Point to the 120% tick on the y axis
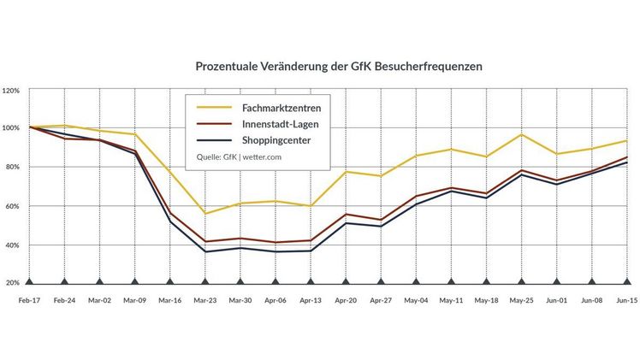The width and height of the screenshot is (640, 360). tap(12, 90)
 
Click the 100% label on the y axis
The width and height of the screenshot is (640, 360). tap(12, 128)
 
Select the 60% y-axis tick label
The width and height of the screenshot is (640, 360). tap(12, 206)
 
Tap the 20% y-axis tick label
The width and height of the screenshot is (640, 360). tap(12, 283)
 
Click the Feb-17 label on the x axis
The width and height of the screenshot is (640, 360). tap(29, 301)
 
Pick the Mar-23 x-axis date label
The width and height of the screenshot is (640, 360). tap(204, 301)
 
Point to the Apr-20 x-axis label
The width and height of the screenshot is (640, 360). tap(345, 301)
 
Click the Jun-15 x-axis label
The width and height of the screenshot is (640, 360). tap(625, 301)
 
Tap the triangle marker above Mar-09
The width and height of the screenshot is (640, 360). tap(134, 280)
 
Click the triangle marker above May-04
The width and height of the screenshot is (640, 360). tap(415, 280)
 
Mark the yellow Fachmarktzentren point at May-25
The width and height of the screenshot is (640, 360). tap(520, 134)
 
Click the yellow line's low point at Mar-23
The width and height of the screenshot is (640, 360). tap(204, 213)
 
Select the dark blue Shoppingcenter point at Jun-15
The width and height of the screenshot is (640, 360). tap(625, 162)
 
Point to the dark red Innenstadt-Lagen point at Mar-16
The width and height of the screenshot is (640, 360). tap(169, 213)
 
